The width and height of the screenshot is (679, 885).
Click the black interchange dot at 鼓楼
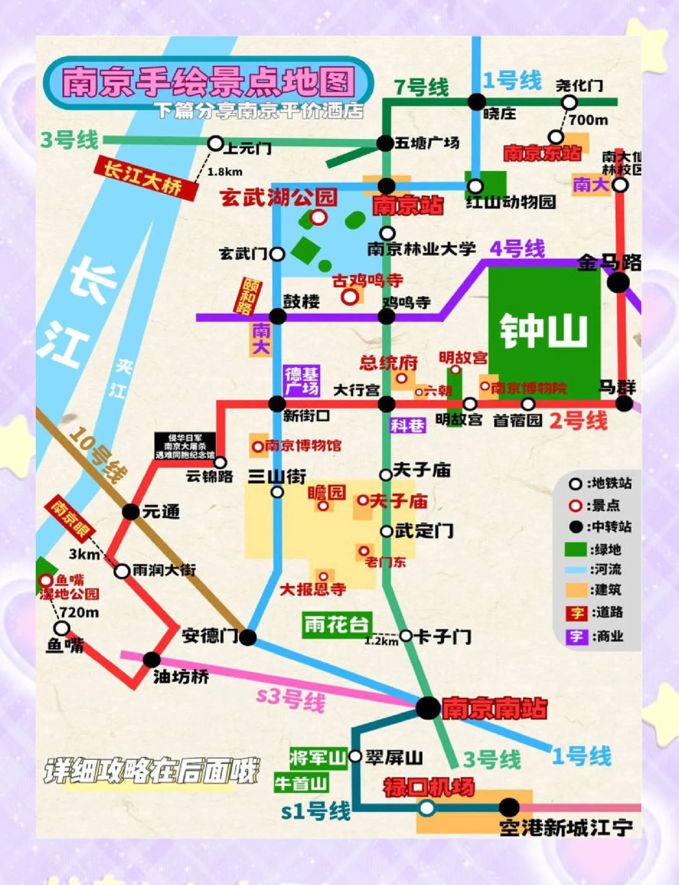pos(278,316)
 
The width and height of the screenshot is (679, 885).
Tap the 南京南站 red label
pos(494,708)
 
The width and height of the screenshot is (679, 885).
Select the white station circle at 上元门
pos(215,143)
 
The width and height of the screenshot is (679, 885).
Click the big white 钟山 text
pos(544,331)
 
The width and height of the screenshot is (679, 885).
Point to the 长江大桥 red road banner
pos(145,178)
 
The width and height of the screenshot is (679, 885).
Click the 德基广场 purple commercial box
pos(302,381)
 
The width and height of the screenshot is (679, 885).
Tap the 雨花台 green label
pos(337,625)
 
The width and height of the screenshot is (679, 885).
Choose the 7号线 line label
pos(421,87)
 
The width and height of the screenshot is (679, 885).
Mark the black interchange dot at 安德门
pos(248,637)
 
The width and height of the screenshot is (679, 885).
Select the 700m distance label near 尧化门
pos(589,120)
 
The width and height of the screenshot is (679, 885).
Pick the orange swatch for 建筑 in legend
pos(576,590)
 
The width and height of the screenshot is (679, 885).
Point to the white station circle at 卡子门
pos(406,636)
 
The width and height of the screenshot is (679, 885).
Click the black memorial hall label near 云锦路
pos(185,446)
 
